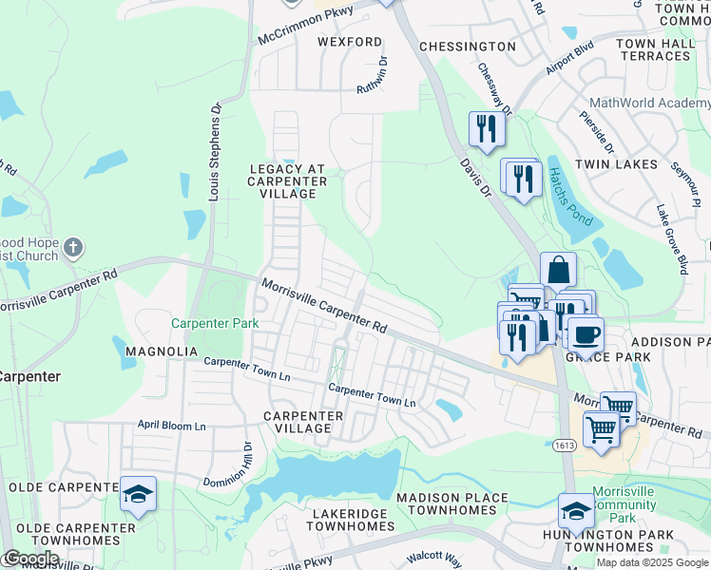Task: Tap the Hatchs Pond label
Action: [569, 196]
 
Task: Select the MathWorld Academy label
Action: [649, 103]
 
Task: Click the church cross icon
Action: [73, 249]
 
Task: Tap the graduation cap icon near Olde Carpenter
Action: [138, 495]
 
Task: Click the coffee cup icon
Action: [586, 333]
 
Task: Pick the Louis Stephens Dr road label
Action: [214, 152]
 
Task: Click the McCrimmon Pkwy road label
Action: [305, 26]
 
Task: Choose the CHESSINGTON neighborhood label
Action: [468, 47]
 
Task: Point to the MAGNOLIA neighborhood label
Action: [161, 351]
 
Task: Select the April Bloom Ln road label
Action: [171, 426]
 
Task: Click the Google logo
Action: [30, 559]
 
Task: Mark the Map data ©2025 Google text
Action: [652, 562]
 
